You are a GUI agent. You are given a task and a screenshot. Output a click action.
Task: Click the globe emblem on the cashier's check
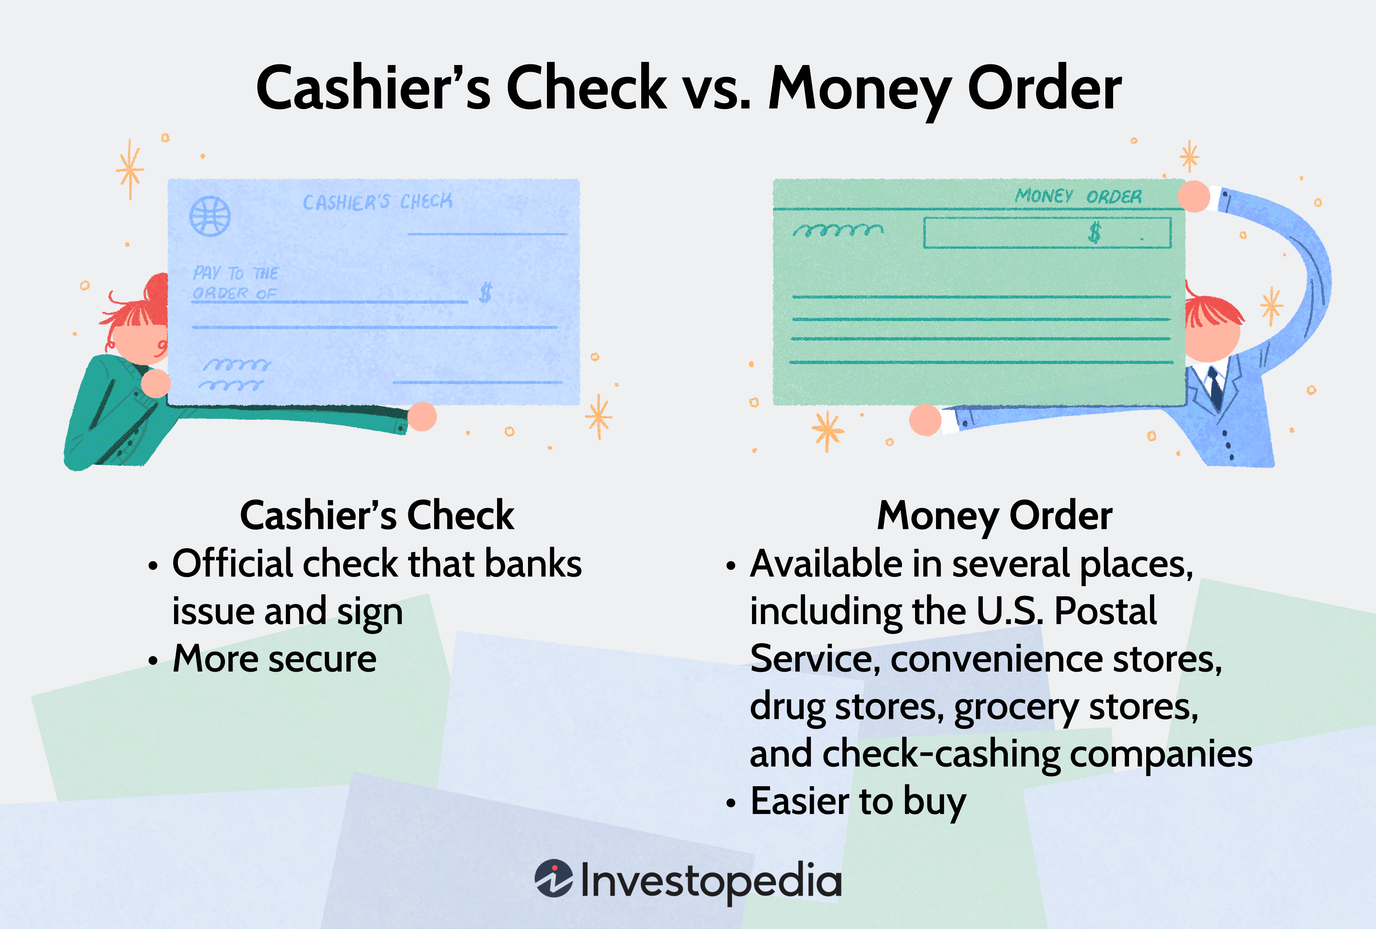click(x=209, y=216)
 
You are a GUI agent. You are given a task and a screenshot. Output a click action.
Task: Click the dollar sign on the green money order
click(x=1094, y=233)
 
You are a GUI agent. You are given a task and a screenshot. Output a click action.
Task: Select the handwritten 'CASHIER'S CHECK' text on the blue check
click(x=377, y=202)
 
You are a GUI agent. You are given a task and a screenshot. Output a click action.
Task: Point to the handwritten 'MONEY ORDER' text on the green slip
click(x=1078, y=196)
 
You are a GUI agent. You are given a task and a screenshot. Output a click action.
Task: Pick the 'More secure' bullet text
click(x=274, y=659)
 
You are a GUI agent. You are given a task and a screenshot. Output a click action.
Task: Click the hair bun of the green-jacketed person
click(x=158, y=290)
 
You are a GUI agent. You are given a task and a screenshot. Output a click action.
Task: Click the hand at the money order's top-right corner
click(x=1194, y=196)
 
